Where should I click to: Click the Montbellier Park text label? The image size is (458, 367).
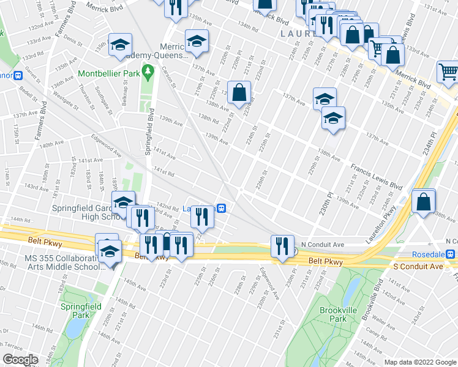click(109, 73)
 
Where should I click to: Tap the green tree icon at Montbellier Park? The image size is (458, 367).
click(148, 73)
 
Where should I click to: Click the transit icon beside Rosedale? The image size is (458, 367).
click(450, 254)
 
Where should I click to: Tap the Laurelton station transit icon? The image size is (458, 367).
click(223, 208)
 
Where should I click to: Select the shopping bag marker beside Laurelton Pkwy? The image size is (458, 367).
click(424, 201)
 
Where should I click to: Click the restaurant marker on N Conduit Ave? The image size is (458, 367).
click(282, 247)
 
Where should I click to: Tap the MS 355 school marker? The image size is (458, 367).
click(110, 251)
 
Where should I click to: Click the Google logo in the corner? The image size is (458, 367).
click(21, 359)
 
